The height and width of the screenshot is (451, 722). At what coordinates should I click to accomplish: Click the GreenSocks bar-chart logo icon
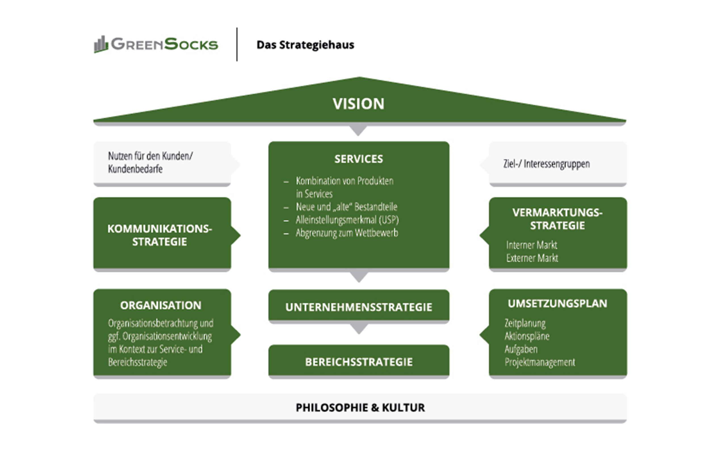pyautogui.click(x=101, y=45)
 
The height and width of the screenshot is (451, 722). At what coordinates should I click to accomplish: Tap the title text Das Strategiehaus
pyautogui.click(x=305, y=45)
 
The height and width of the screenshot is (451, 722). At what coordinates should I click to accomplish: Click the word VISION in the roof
pyautogui.click(x=358, y=104)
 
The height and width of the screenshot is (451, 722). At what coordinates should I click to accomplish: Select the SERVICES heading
pyautogui.click(x=358, y=159)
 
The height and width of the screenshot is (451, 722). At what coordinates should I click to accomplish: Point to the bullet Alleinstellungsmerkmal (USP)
pyautogui.click(x=347, y=220)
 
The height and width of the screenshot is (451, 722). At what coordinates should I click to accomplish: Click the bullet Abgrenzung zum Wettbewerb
pyautogui.click(x=347, y=233)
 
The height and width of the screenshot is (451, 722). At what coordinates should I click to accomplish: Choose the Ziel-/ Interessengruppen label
pyautogui.click(x=546, y=164)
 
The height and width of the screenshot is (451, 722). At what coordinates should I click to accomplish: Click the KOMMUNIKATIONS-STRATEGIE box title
pyautogui.click(x=159, y=235)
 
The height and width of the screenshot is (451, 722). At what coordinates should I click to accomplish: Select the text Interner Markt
pyautogui.click(x=531, y=245)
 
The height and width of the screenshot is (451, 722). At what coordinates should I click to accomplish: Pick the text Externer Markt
pyautogui.click(x=532, y=258)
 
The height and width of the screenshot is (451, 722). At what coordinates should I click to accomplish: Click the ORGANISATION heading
pyautogui.click(x=161, y=305)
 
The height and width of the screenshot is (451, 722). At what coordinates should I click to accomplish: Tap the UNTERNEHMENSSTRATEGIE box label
pyautogui.click(x=359, y=307)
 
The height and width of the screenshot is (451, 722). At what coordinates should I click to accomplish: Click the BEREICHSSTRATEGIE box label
pyautogui.click(x=359, y=362)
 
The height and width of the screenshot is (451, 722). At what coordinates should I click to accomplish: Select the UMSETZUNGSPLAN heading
pyautogui.click(x=557, y=304)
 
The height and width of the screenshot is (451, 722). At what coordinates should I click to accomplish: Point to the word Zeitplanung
pyautogui.click(x=525, y=323)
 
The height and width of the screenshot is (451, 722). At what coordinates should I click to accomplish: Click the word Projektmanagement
pyautogui.click(x=540, y=362)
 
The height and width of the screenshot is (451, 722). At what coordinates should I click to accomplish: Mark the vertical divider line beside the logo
pyautogui.click(x=237, y=45)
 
